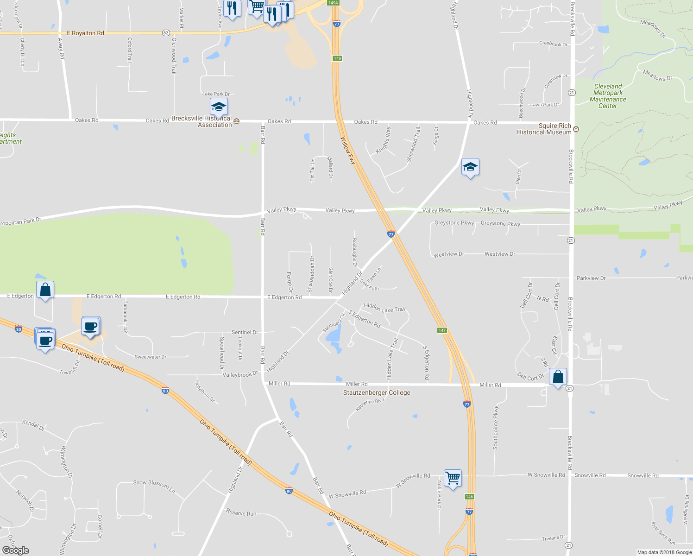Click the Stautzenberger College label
coord(377,393)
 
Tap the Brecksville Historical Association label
coord(202,121)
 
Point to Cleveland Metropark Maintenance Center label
coord(608,96)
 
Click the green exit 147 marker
coord(442,330)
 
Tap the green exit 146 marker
coord(469,497)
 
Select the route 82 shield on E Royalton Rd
coord(166,33)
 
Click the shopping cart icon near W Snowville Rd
coord(453,478)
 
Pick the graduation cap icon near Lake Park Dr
coord(219,107)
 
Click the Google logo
coord(16,550)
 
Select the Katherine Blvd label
coord(370,404)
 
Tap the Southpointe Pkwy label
coord(496,428)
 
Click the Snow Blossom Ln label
coord(154,486)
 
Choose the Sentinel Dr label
coord(245,332)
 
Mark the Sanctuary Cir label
coord(334,323)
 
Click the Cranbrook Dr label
coord(553,44)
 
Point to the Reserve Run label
coord(241,513)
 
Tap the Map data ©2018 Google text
coord(664,552)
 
